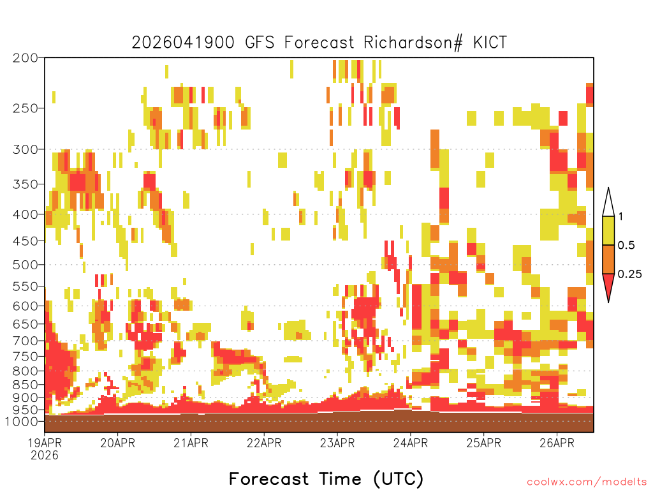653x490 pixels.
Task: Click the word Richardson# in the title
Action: pos(413,43)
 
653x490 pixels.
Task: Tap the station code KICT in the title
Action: pos(490,43)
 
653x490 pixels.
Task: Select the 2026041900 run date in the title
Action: pos(183,43)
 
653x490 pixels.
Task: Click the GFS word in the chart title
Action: pos(260,43)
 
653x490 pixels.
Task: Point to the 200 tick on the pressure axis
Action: pos(26,58)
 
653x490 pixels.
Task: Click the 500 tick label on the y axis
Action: pos(26,265)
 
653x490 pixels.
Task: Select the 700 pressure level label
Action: pos(26,341)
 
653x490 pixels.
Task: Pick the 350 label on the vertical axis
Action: pos(26,184)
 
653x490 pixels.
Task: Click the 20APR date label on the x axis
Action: pos(118,443)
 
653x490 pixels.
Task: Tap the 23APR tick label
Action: pos(337,443)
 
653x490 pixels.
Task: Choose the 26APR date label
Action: pos(557,443)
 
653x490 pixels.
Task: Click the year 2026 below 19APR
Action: pos(45,456)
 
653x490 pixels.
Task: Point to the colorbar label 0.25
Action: pos(629,274)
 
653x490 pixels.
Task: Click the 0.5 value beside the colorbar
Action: pos(626,246)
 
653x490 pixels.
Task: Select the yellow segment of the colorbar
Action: pos(608,230)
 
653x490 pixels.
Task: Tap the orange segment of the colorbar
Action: pos(608,259)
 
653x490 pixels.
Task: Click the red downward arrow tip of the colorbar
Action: pos(608,302)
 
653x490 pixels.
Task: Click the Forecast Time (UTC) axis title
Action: pos(326,479)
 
